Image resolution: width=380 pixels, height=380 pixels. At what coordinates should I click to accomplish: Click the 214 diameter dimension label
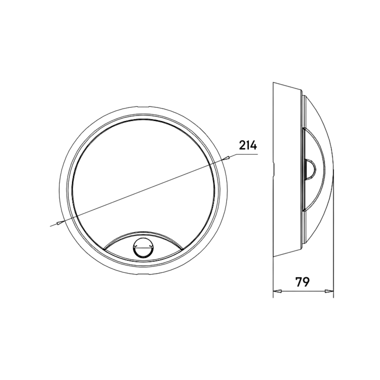click(x=248, y=146)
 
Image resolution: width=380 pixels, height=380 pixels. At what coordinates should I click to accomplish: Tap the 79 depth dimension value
click(x=302, y=282)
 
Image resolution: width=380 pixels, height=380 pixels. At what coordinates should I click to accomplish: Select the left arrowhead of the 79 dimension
click(x=277, y=291)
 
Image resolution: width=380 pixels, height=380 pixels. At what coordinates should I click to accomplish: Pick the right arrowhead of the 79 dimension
click(x=329, y=291)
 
